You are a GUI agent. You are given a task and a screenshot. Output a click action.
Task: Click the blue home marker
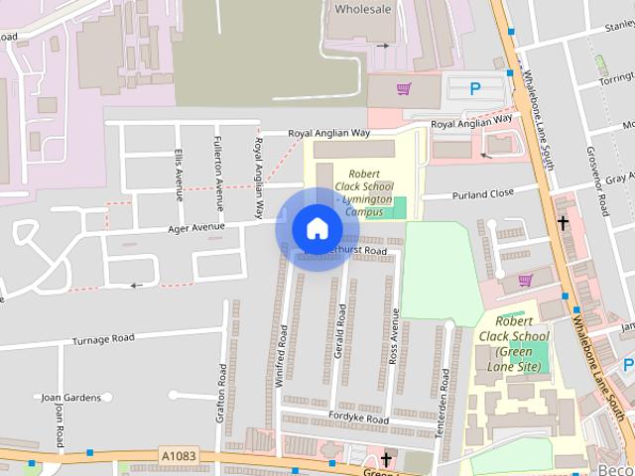(317, 229)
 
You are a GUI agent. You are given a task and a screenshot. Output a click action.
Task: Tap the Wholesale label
(364, 9)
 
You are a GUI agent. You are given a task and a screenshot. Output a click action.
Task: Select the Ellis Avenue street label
(180, 174)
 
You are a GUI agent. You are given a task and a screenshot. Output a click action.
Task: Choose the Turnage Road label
(102, 339)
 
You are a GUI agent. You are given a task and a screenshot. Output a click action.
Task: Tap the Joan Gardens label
(71, 398)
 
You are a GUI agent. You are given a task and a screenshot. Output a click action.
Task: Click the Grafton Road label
(221, 398)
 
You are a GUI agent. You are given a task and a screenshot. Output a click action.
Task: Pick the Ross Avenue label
(394, 336)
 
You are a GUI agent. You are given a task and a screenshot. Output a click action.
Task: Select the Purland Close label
(482, 194)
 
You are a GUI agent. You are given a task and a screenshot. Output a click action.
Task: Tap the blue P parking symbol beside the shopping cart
(474, 89)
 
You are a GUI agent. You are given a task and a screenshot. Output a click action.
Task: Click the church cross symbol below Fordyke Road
(386, 459)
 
